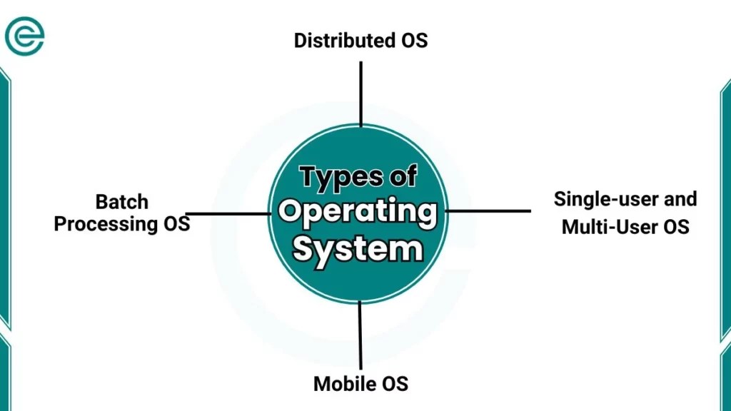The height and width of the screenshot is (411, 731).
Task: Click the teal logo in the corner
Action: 24,36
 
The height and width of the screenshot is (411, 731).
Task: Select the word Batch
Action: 122,201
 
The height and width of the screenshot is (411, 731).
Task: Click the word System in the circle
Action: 358,250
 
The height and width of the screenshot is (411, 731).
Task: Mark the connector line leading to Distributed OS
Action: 361,93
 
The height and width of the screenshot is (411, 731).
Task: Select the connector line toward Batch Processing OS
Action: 228,213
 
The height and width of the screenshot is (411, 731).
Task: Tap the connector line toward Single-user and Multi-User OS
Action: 490,211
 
